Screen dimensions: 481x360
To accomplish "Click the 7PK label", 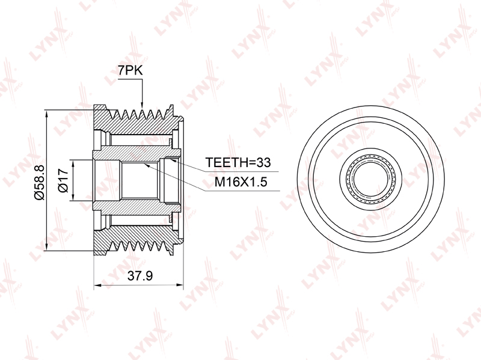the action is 130,70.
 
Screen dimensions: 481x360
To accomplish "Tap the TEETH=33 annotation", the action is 238,162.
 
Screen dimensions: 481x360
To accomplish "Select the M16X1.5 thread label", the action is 241,182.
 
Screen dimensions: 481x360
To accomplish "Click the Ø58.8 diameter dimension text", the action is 40,182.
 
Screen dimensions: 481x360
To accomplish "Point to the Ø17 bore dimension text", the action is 63,180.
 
